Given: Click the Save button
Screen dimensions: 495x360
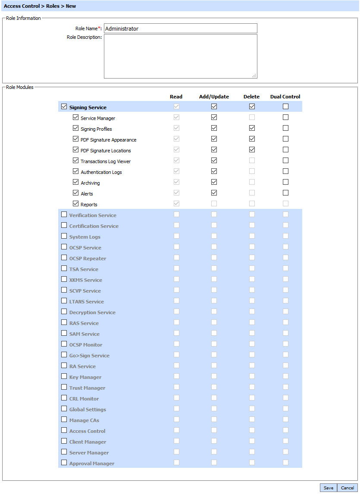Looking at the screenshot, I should pyautogui.click(x=328, y=488).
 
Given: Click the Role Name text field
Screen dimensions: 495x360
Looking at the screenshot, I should pyautogui.click(x=180, y=28).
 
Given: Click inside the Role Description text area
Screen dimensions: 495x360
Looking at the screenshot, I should pyautogui.click(x=180, y=56).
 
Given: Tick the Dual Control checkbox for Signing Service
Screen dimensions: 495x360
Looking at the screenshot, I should pyautogui.click(x=285, y=107).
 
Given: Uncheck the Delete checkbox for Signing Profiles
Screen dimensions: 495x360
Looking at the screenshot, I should pyautogui.click(x=252, y=128).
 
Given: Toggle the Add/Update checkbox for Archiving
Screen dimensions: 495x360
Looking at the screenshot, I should pyautogui.click(x=214, y=182).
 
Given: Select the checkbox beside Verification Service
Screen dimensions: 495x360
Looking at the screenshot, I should pyautogui.click(x=64, y=214).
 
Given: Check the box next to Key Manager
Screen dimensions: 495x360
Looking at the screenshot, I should pyautogui.click(x=64, y=376).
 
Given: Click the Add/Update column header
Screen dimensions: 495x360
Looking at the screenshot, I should pyautogui.click(x=214, y=97).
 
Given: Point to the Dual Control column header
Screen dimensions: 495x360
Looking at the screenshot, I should pyautogui.click(x=285, y=97).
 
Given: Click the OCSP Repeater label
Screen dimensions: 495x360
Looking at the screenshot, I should pyautogui.click(x=88, y=259).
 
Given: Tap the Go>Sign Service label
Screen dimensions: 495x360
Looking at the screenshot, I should pyautogui.click(x=89, y=356).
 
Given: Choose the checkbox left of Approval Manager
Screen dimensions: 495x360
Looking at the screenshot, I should pyautogui.click(x=64, y=462).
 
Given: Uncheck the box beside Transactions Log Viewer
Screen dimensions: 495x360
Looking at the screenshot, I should pyautogui.click(x=75, y=161).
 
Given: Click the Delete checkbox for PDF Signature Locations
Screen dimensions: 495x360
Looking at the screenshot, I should pyautogui.click(x=252, y=150).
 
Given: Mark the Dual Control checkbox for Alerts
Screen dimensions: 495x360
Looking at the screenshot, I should pyautogui.click(x=285, y=193).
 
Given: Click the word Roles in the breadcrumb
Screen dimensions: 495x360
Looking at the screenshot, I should pyautogui.click(x=53, y=6).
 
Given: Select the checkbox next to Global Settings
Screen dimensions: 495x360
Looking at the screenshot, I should pyautogui.click(x=64, y=408).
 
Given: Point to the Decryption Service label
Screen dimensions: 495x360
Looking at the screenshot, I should pyautogui.click(x=92, y=312).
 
